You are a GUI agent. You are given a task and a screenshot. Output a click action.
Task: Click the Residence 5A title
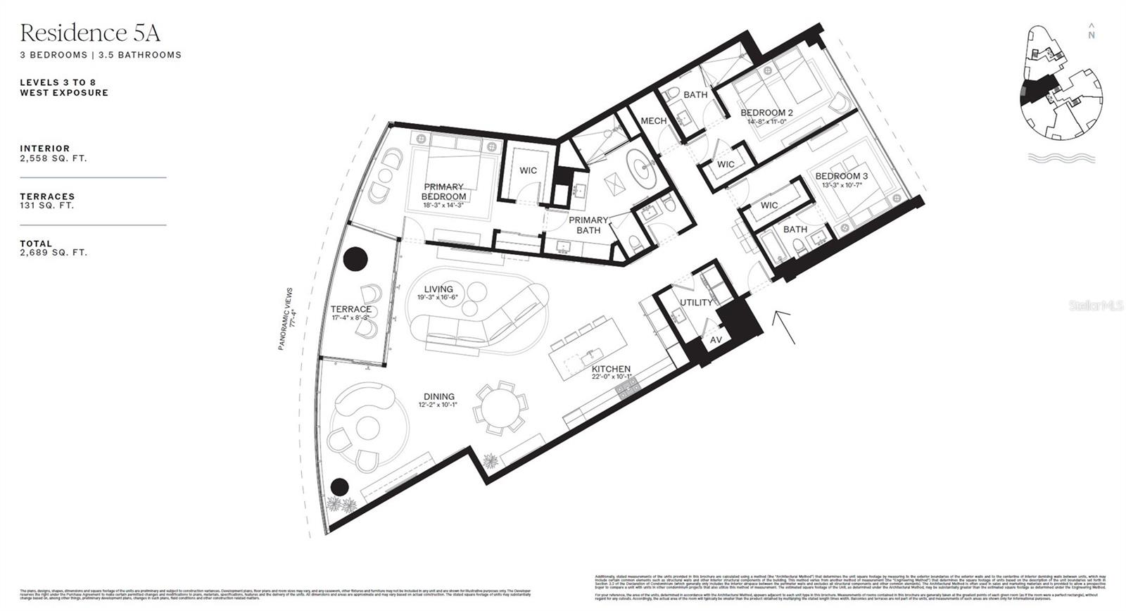coord(90,32)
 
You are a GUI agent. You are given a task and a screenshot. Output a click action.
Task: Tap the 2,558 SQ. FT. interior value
coord(53,158)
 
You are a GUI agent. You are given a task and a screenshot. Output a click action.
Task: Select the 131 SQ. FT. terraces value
coord(47,206)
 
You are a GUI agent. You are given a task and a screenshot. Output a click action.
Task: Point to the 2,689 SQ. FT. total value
coord(53,253)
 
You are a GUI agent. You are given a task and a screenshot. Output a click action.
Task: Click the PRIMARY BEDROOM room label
coord(443,191)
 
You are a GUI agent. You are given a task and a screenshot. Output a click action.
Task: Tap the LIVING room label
coord(438,289)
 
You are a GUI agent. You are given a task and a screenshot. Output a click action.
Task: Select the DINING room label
coord(438,396)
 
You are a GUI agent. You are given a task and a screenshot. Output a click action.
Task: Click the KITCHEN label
coord(611,369)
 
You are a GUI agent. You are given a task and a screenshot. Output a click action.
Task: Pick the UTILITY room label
coord(695,303)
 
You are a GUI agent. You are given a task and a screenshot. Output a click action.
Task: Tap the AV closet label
coord(716,340)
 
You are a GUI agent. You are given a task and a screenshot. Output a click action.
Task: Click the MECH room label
coord(653,121)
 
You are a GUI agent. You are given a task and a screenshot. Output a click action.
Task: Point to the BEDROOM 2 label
coord(766,113)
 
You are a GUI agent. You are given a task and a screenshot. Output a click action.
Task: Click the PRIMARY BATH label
coord(588,225)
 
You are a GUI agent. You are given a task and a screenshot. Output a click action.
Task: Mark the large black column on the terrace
coord(355,258)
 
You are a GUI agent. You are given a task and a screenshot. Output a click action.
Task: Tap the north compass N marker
coord(1092,34)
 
